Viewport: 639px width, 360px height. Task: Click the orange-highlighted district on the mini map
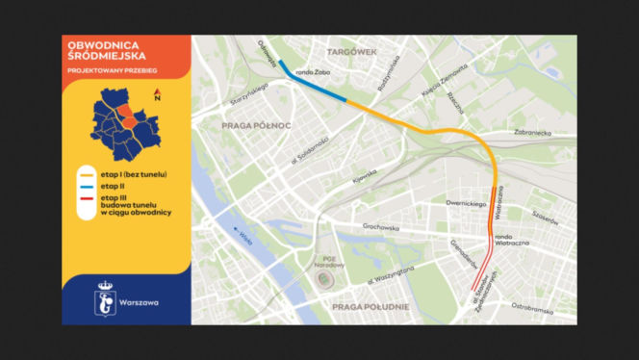(x=126, y=116)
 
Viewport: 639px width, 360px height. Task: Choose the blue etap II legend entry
(x=112, y=185)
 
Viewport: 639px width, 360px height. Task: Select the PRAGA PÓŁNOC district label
(x=255, y=125)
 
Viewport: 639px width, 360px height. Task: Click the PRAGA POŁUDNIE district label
(x=371, y=307)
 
